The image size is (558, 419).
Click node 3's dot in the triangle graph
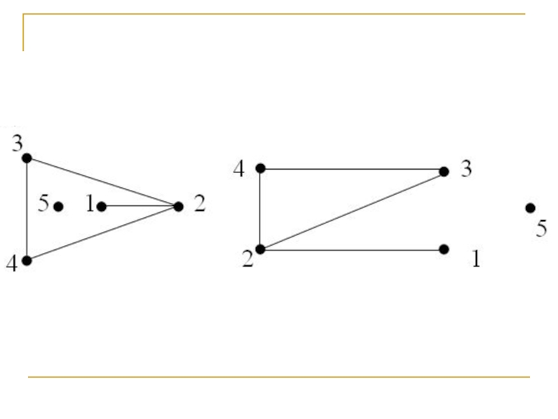(x=27, y=158)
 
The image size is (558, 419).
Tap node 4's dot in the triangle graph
(x=27, y=260)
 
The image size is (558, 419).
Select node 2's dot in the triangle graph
(x=178, y=207)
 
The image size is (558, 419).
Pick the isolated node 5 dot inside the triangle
(x=59, y=206)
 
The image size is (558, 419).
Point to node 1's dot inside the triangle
(x=101, y=206)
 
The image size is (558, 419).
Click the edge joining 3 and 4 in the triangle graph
(x=27, y=209)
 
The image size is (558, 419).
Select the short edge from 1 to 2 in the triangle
(x=139, y=206)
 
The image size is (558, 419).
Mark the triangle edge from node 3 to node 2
(x=103, y=182)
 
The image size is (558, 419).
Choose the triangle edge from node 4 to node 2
(x=103, y=233)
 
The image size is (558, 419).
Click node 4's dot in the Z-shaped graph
(x=260, y=168)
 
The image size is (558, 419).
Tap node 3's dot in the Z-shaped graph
(x=444, y=171)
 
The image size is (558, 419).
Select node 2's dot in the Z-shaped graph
(x=260, y=249)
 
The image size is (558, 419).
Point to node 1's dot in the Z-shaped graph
(x=444, y=249)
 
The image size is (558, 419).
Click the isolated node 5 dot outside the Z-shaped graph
(x=530, y=207)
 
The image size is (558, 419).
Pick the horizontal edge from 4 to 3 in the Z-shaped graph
(x=352, y=169)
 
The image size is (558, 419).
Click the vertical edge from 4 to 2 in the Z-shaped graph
(x=260, y=209)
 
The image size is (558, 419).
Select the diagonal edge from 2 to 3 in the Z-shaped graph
(x=352, y=209)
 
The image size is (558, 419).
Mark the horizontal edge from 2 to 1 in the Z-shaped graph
(x=352, y=249)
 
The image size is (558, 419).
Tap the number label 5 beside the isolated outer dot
(x=541, y=229)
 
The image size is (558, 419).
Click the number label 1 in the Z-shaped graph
(x=476, y=260)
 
